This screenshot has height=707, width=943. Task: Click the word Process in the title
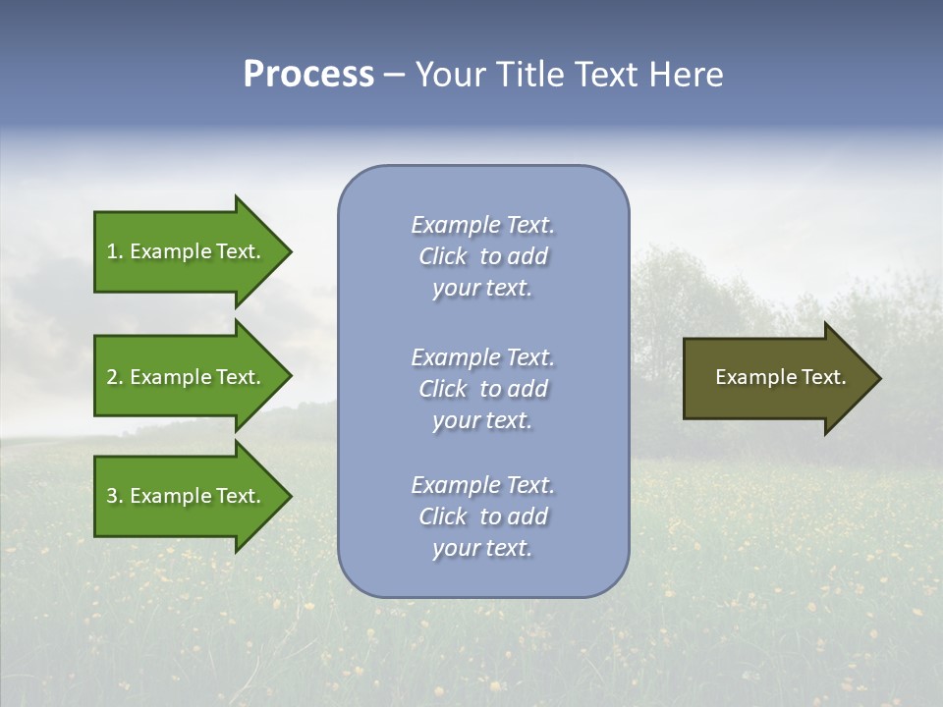click(308, 75)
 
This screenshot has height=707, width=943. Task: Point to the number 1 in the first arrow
click(112, 251)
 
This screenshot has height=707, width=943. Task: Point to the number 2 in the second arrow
click(112, 377)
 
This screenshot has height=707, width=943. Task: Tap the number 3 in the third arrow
click(112, 496)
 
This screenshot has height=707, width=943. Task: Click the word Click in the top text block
click(443, 256)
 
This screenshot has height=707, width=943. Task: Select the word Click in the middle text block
click(443, 389)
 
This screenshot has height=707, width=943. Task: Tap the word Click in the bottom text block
click(443, 517)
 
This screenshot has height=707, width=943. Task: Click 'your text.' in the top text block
click(482, 288)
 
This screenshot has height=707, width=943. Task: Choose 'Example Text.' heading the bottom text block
click(482, 485)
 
